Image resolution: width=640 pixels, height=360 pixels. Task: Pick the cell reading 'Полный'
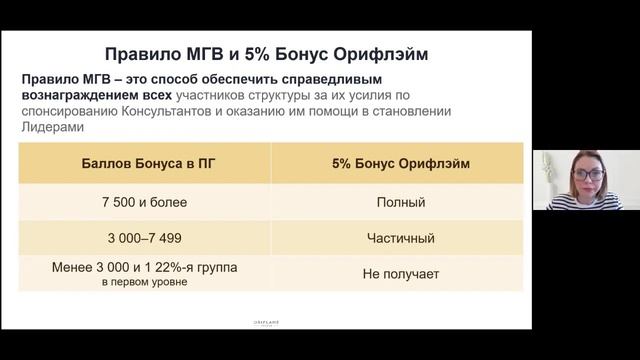click(400, 202)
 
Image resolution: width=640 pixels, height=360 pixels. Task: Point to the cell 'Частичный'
click(400, 239)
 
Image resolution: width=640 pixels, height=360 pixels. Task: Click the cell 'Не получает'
click(400, 274)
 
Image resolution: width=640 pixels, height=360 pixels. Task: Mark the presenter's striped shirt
click(590, 201)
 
